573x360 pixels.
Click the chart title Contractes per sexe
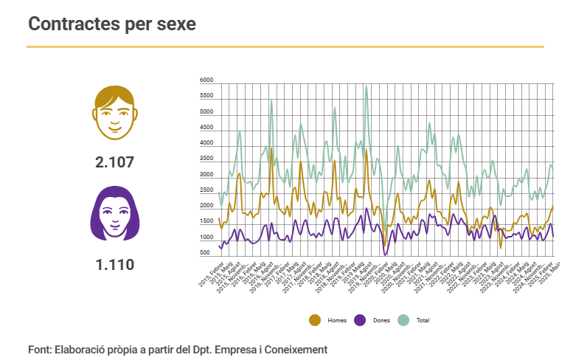pos(112,24)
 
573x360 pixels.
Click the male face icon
pos(115,112)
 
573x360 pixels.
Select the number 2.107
pos(115,162)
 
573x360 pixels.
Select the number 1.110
pos(115,263)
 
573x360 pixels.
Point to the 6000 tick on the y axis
pos(206,80)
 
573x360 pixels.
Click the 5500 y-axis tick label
pos(206,96)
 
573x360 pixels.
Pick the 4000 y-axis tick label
pos(206,143)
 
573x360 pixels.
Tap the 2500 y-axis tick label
pos(206,190)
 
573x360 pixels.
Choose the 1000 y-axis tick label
pos(206,238)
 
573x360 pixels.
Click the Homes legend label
pos(337,320)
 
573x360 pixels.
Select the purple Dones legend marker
pos(360,319)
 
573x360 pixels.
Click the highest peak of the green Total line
pos(367,86)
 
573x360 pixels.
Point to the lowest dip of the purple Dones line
pos(385,255)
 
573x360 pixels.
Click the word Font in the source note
pos(39,349)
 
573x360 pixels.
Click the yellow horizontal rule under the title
pos(285,46)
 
